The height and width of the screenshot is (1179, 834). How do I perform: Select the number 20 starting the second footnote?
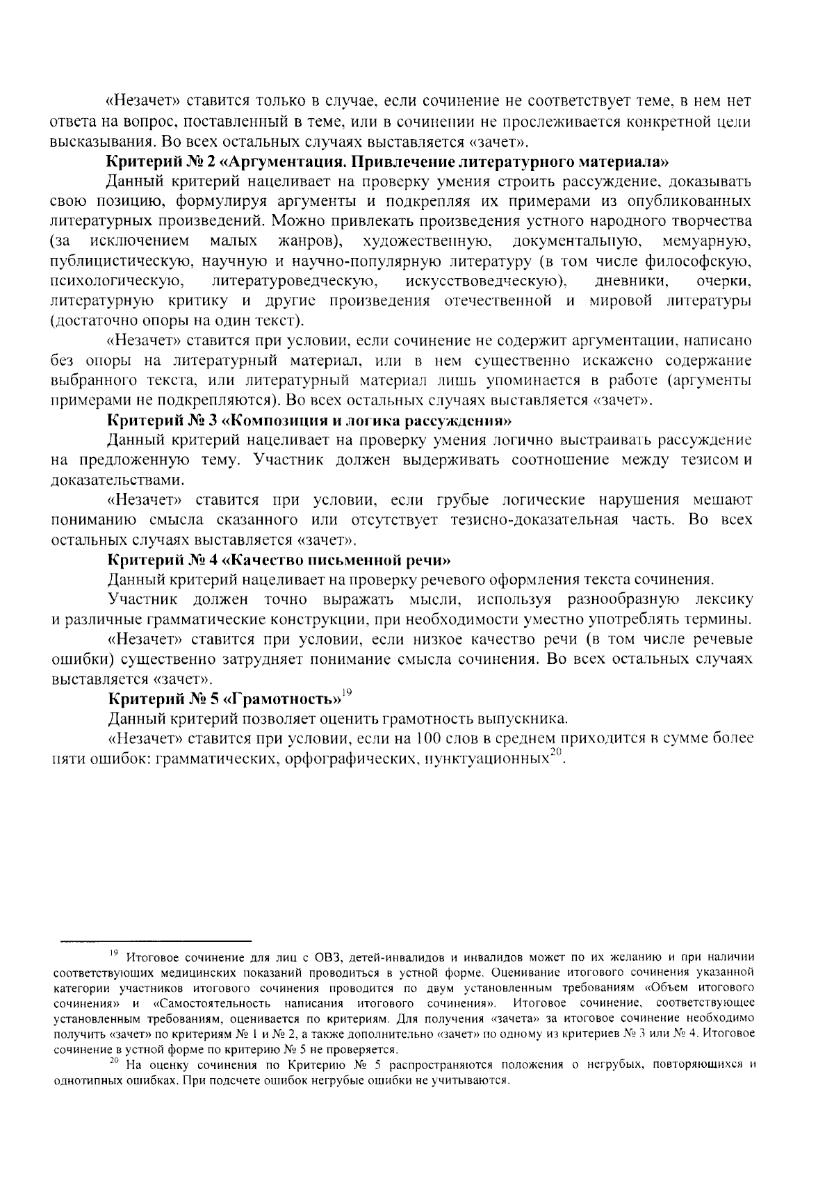(x=115, y=1062)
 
